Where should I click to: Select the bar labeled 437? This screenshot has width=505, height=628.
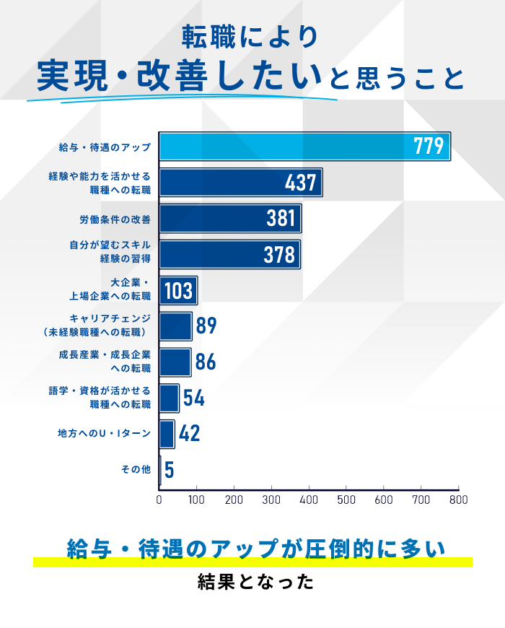tap(240, 182)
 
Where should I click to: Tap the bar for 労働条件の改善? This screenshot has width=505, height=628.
tap(229, 218)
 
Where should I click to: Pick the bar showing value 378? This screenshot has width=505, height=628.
tap(229, 254)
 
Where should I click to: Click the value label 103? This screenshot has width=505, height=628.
tap(178, 291)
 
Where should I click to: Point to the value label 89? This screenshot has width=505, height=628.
tap(206, 326)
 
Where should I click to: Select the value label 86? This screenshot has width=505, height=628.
tap(206, 362)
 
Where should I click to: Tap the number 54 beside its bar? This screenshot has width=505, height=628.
tap(193, 398)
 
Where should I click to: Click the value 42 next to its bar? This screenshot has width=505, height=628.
tap(189, 434)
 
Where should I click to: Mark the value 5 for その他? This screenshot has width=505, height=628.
tap(169, 470)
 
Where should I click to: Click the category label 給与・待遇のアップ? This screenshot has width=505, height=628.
tap(105, 147)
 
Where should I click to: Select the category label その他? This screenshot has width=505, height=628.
tap(136, 470)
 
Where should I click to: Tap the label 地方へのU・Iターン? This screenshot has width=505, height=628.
tap(105, 434)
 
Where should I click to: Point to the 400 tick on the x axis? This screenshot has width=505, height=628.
tap(309, 499)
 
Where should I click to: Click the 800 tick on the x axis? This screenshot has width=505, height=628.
tap(458, 499)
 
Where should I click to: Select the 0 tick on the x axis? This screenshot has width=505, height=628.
tap(159, 499)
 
